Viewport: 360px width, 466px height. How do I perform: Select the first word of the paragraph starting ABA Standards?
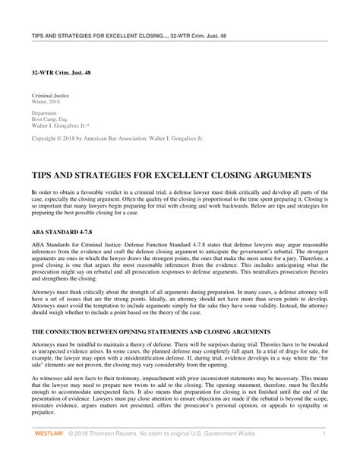pyautogui.click(x=36, y=243)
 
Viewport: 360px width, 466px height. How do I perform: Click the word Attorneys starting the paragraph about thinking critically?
pyautogui.click(x=43, y=290)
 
